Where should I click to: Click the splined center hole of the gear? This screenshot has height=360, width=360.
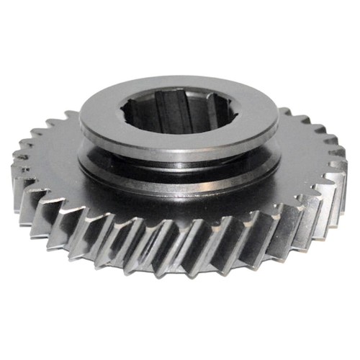(x=178, y=114)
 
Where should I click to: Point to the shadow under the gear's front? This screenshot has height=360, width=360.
(x=180, y=288)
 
